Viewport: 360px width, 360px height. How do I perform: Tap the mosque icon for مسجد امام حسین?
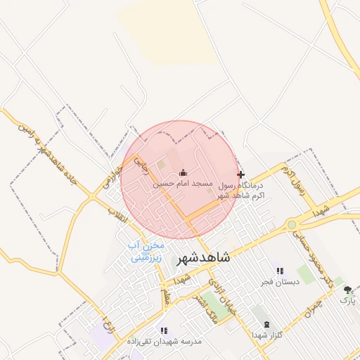(183, 173)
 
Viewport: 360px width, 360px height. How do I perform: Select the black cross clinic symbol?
(240, 174)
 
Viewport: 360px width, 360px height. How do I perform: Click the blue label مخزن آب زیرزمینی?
(146, 251)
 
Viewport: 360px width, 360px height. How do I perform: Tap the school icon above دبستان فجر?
(279, 271)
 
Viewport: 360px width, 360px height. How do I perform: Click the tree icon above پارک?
(347, 290)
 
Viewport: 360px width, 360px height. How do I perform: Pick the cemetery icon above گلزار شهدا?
(266, 324)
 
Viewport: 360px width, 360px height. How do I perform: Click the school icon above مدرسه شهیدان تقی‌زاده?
(164, 330)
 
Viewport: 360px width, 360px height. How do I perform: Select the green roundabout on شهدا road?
(291, 224)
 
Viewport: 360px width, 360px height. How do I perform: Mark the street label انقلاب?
(120, 215)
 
